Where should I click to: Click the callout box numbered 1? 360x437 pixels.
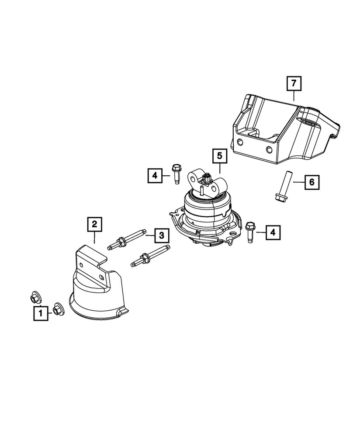pyautogui.click(x=41, y=313)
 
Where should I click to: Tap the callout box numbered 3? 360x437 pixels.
pyautogui.click(x=161, y=236)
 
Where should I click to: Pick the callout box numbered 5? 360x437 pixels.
pyautogui.click(x=219, y=156)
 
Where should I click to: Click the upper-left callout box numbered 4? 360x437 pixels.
pyautogui.click(x=155, y=176)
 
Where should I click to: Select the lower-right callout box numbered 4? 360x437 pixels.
pyautogui.click(x=273, y=233)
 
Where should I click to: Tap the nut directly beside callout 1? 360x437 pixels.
pyautogui.click(x=57, y=309)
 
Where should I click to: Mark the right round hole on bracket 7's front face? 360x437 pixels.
pyautogui.click(x=269, y=151)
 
